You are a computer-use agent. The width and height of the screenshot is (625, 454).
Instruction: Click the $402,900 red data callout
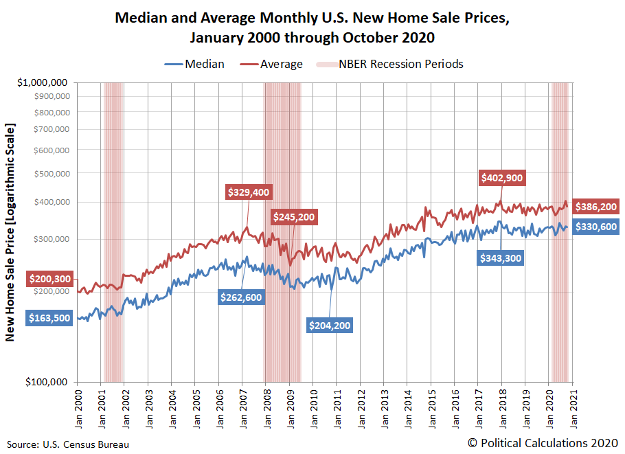(x=502, y=178)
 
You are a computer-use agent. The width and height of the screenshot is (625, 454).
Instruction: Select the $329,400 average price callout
(x=249, y=192)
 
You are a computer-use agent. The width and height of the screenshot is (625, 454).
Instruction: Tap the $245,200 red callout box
(x=294, y=217)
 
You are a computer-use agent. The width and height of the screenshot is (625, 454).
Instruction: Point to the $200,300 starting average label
(x=50, y=279)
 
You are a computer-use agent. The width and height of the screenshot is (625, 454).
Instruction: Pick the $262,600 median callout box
(x=241, y=297)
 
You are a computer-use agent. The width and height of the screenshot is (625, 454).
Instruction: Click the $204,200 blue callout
(x=330, y=325)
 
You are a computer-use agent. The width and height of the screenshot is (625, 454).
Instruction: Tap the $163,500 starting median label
(x=50, y=318)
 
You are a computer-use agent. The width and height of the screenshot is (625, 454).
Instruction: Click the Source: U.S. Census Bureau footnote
(x=68, y=444)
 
